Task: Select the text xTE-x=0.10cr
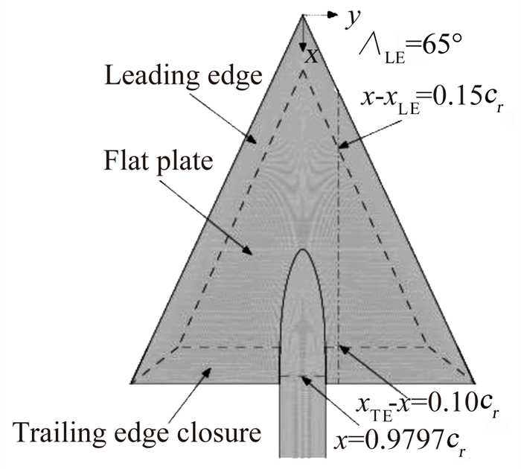click(x=428, y=405)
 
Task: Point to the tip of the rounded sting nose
click(x=304, y=249)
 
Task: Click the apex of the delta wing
click(x=302, y=14)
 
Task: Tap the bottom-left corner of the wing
click(x=131, y=380)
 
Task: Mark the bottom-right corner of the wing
click(x=473, y=380)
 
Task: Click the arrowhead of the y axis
click(x=334, y=14)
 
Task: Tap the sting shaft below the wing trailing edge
click(x=303, y=424)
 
